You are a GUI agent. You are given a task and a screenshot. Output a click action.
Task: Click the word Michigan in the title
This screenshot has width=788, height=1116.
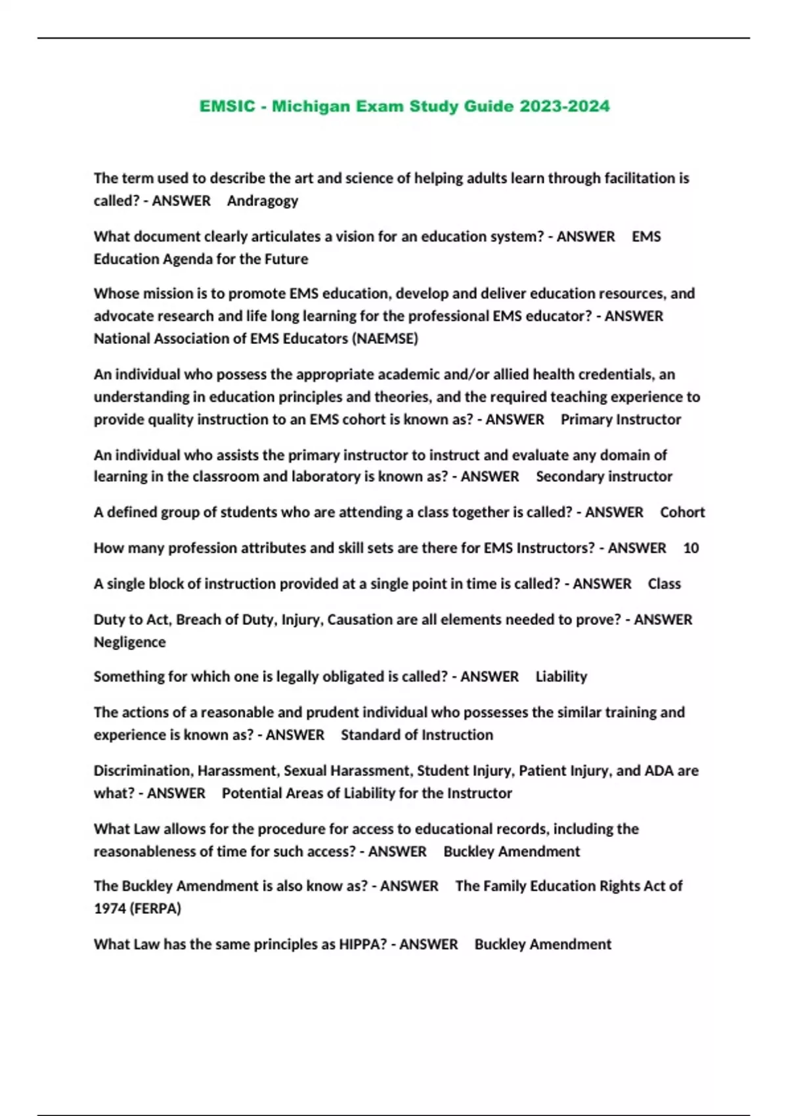point(311,106)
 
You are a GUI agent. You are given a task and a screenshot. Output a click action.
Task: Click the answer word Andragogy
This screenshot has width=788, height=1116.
point(263,201)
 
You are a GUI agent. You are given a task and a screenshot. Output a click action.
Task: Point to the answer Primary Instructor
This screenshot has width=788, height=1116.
point(621,419)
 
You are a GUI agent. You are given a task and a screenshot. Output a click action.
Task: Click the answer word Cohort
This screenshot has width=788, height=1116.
point(682,513)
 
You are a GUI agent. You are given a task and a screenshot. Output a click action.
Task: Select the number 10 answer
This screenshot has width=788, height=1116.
point(691,548)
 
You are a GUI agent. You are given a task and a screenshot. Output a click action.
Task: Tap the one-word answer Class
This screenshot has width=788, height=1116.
point(664,584)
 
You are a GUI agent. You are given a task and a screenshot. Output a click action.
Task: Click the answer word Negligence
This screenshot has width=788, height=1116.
point(129,642)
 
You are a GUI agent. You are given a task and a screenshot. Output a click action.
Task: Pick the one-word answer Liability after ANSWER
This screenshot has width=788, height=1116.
point(561,677)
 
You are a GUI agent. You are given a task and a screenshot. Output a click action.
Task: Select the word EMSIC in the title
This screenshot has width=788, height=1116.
point(227,106)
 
